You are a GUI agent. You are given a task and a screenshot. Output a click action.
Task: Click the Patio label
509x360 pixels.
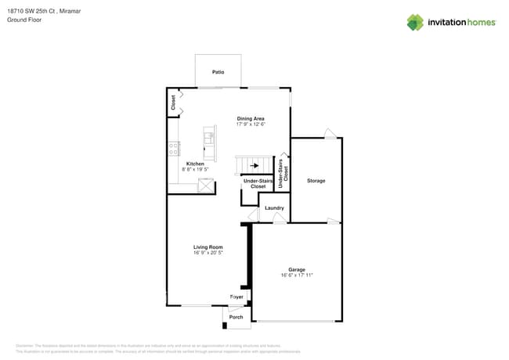point(218,72)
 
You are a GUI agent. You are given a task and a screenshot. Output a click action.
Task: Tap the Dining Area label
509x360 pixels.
point(251,119)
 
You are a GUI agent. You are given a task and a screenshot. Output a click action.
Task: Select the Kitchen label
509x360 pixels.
point(195,164)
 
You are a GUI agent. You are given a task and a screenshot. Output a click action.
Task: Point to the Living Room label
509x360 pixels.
point(208,247)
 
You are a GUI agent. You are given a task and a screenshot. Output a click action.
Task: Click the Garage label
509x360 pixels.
point(296,269)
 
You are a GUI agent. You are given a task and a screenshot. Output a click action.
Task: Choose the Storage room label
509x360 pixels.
point(316,181)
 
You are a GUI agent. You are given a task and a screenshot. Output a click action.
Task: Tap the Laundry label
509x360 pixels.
point(274,208)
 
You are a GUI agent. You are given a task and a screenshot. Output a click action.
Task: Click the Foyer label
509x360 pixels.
point(236,297)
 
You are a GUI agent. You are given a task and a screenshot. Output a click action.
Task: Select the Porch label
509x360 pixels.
point(236,317)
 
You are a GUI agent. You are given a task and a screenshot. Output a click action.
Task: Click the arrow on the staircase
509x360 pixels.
point(253,165)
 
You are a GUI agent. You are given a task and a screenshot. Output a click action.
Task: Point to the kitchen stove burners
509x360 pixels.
point(172,147)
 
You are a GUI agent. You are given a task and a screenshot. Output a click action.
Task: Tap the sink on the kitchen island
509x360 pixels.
point(209,136)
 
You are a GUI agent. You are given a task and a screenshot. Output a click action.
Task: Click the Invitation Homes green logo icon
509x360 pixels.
point(414,22)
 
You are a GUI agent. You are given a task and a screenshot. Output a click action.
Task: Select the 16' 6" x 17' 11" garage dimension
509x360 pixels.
point(296,275)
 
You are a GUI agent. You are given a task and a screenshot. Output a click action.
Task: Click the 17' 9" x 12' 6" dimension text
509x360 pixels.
point(251,124)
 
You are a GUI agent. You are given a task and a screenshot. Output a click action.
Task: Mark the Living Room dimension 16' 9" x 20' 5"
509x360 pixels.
point(208,253)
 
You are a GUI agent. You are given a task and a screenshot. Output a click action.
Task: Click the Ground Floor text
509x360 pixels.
point(24,20)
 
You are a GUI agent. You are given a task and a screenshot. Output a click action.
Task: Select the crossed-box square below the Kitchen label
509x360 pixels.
point(205,185)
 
